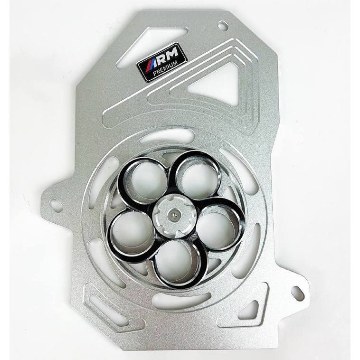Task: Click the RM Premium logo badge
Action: coord(161,60)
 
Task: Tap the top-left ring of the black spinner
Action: coord(143,180)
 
